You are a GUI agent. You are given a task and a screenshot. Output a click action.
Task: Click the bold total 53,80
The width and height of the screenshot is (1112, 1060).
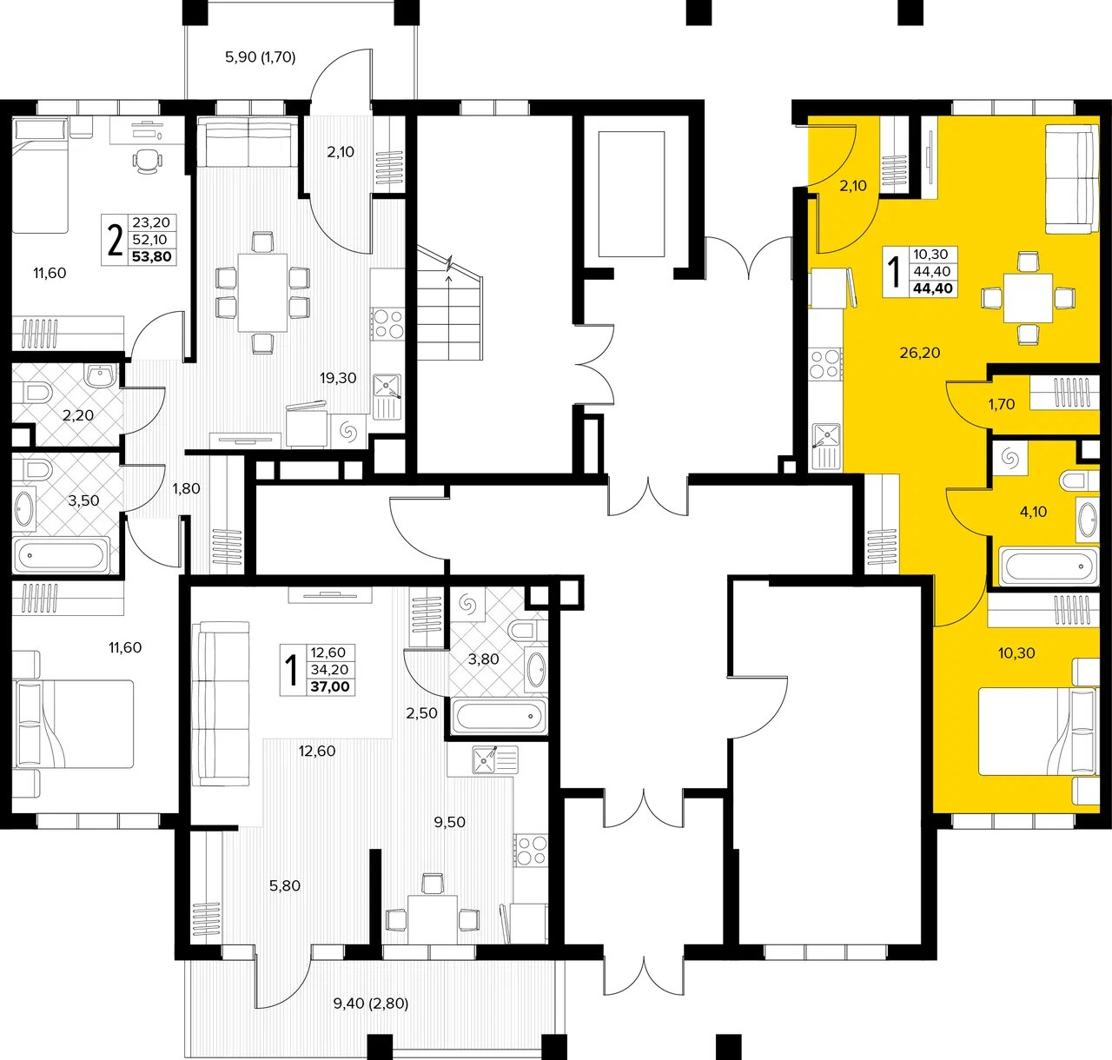[151, 257]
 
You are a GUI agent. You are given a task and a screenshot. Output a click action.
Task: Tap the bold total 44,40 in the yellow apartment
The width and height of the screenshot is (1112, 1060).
[933, 288]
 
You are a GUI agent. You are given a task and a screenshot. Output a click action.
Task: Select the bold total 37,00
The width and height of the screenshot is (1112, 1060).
[330, 687]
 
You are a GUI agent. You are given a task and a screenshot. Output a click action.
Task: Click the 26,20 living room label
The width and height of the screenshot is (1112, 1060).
[920, 353]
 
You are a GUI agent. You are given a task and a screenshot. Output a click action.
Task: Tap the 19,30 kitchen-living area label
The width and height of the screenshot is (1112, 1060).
[338, 379]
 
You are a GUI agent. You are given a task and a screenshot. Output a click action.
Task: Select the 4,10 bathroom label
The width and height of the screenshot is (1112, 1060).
[1033, 512]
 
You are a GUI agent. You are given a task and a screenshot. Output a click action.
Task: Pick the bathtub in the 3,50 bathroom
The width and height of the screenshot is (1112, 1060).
[62, 555]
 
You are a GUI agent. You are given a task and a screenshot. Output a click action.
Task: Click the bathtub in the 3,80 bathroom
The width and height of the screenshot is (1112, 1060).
[500, 716]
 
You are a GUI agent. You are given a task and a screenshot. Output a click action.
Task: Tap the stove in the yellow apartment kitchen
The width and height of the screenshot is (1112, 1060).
[825, 364]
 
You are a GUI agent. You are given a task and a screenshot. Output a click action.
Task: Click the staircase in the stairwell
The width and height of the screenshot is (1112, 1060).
[450, 306]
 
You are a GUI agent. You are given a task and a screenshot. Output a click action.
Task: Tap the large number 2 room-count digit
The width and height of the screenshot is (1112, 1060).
[115, 240]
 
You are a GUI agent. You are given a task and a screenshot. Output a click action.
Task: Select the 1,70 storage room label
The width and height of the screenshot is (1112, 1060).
[1001, 404]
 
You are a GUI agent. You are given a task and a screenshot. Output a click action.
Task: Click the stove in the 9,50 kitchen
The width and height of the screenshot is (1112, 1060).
[531, 850]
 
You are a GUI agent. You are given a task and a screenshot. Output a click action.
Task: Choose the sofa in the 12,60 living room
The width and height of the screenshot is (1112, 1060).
[221, 703]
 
